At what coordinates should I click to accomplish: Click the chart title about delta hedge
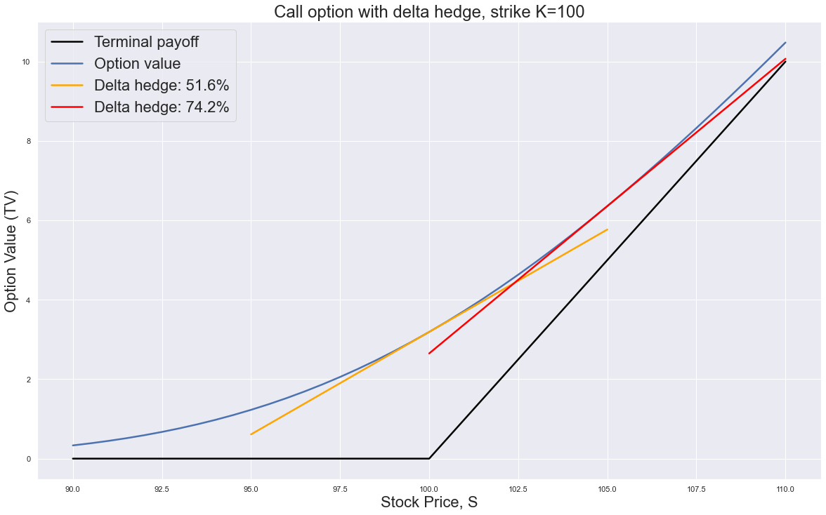(x=428, y=12)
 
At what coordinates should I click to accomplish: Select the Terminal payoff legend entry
(x=146, y=42)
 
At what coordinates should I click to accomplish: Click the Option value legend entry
(x=137, y=64)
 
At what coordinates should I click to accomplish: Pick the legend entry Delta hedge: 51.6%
(x=162, y=86)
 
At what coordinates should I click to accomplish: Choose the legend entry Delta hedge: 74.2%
(x=162, y=107)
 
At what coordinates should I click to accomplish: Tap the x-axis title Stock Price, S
(x=428, y=502)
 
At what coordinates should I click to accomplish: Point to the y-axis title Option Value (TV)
(x=11, y=252)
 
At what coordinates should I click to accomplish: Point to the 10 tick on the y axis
(x=25, y=62)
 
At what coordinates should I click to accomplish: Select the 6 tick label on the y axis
(x=27, y=221)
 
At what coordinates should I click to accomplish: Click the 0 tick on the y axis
(x=27, y=459)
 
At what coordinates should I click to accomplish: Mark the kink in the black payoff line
(x=429, y=459)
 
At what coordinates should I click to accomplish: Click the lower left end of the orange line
(x=251, y=434)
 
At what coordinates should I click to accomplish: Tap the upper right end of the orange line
(x=607, y=229)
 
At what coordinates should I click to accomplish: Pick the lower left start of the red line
(x=429, y=353)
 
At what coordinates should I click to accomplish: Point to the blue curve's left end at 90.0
(x=73, y=446)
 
